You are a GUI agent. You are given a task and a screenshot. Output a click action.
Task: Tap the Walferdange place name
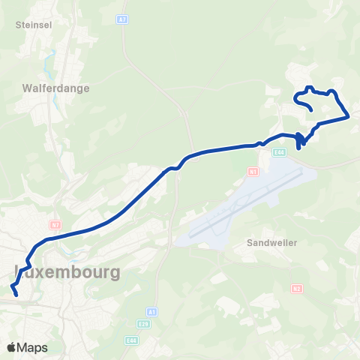(55, 88)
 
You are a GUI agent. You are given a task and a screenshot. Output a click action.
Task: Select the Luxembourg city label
(67, 271)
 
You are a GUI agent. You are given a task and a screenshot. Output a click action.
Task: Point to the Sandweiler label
(271, 243)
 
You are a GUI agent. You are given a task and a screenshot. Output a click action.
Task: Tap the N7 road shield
(55, 223)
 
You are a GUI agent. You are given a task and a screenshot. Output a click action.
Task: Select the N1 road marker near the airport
(252, 171)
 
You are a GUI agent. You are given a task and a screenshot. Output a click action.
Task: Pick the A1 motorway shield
(152, 310)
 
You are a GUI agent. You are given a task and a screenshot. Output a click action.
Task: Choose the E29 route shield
(142, 323)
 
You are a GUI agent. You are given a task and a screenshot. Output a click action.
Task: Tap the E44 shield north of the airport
(280, 152)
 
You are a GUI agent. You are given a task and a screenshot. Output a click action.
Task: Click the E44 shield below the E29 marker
(131, 340)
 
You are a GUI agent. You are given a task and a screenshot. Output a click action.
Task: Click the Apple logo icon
(11, 347)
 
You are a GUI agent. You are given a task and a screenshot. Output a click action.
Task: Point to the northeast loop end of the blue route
(311, 111)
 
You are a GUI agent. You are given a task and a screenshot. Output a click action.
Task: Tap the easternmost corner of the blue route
(349, 116)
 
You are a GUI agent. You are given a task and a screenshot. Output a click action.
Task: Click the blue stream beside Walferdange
(52, 67)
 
